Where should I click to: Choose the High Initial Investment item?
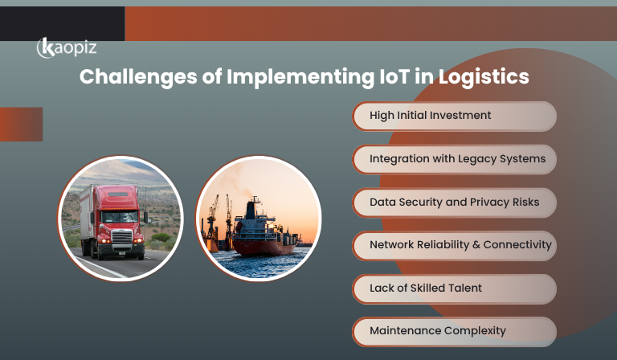454,116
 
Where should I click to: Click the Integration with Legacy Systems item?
454,159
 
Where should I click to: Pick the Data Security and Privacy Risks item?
454,202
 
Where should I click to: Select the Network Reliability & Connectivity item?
454,244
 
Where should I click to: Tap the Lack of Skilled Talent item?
454,288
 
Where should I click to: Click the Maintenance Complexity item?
454,330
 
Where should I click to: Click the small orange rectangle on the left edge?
21,124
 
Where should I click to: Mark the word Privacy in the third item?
493,202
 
